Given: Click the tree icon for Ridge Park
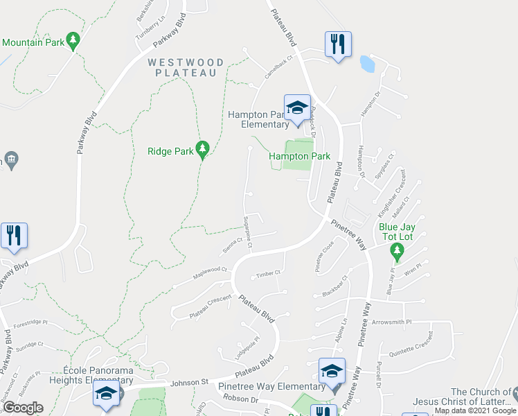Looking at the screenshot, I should [202, 148].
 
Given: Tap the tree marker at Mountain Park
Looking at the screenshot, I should [73, 39].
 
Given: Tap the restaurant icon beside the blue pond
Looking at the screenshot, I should [338, 44].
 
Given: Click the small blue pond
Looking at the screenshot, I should [368, 64].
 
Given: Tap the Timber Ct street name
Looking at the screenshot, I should [267, 274].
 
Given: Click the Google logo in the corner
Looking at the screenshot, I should [22, 407].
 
